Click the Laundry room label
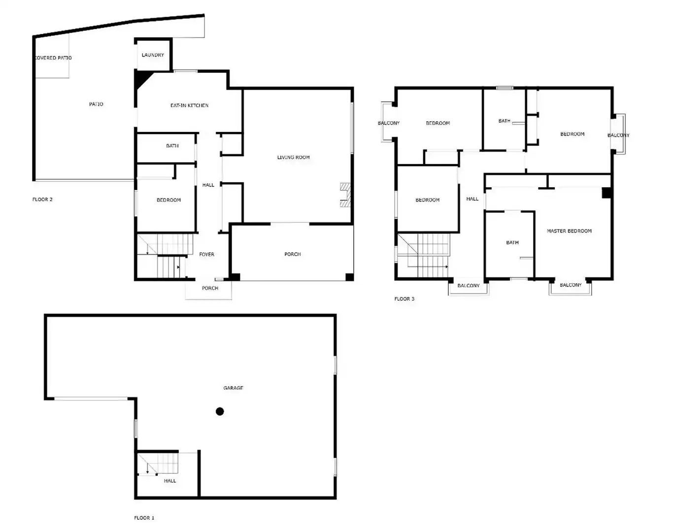point(153,55)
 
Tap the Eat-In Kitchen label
point(189,105)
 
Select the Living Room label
point(293,157)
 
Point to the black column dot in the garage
point(220,411)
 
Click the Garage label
point(233,388)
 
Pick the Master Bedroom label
point(569,231)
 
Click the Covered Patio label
point(53,58)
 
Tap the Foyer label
point(207,254)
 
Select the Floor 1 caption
point(144,518)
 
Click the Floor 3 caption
point(404,299)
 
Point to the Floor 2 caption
point(42,199)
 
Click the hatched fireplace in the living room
point(345,195)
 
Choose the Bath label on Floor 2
point(172,146)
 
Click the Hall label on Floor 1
point(170,481)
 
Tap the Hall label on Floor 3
point(472,199)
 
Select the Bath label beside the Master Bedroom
point(512,242)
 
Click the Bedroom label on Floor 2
point(168,200)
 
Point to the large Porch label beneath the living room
point(292,254)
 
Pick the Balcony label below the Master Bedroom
point(571,285)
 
